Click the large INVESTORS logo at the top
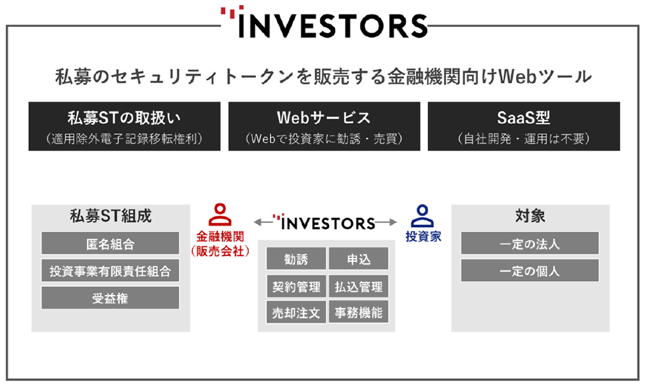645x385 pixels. [x=324, y=22]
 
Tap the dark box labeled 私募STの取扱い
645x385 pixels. [x=124, y=126]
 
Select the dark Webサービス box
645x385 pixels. [x=324, y=126]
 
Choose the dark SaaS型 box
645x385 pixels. [x=524, y=126]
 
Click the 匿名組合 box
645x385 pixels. [x=111, y=243]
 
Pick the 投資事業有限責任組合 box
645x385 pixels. [x=111, y=270]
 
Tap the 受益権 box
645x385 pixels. [x=111, y=297]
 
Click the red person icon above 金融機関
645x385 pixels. [x=220, y=215]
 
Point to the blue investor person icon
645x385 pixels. [x=423, y=216]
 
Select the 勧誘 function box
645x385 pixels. [x=296, y=258]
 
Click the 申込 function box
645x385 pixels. [x=359, y=258]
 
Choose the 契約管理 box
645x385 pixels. [x=296, y=286]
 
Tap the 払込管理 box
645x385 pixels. [x=359, y=286]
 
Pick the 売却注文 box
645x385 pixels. [x=296, y=312]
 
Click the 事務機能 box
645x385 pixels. [x=359, y=312]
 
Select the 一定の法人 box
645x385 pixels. [x=530, y=243]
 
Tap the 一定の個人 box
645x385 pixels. [x=530, y=270]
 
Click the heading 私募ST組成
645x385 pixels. [x=111, y=216]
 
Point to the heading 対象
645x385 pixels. [x=530, y=216]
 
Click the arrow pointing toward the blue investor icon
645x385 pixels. [x=386, y=222]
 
